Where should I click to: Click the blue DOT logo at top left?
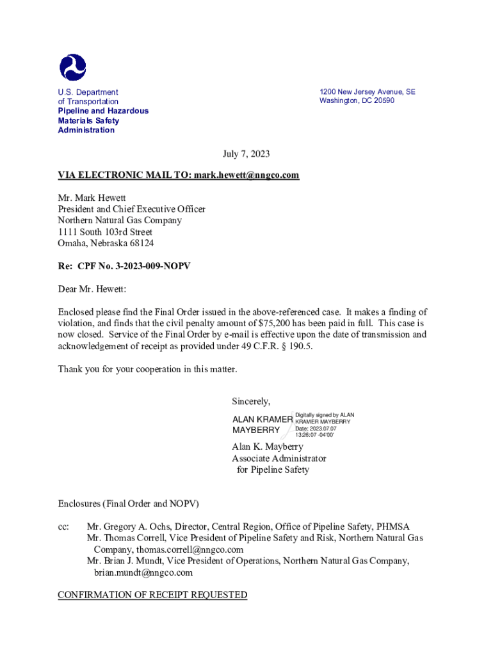point(72,67)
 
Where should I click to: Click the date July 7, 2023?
point(246,154)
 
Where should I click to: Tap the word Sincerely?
point(251,402)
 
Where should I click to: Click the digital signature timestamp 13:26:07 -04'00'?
point(314,435)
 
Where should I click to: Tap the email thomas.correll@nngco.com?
point(168,549)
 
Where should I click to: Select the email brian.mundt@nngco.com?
point(143,572)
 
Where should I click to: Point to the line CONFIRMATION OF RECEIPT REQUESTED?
point(152,595)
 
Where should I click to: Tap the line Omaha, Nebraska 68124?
point(106,243)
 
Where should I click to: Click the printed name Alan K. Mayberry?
point(268,446)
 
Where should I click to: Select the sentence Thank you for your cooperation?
point(147,369)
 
